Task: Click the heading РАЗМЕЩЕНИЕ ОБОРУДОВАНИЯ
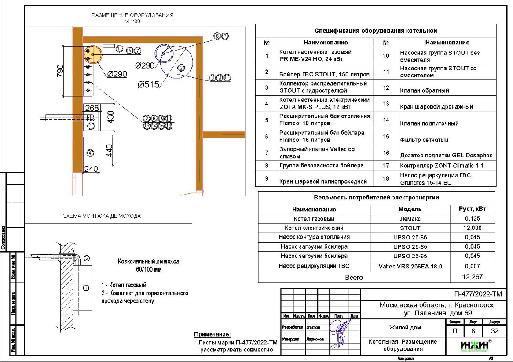pos(132,15)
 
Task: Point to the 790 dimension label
pos(60,71)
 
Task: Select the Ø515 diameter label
pos(148,85)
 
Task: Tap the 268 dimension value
pos(92,108)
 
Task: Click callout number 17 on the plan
pos(119,49)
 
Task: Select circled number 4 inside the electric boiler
pos(90,153)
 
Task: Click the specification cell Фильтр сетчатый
pos(424,140)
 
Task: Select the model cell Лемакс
pos(410,219)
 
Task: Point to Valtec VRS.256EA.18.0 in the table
pos(410,266)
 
